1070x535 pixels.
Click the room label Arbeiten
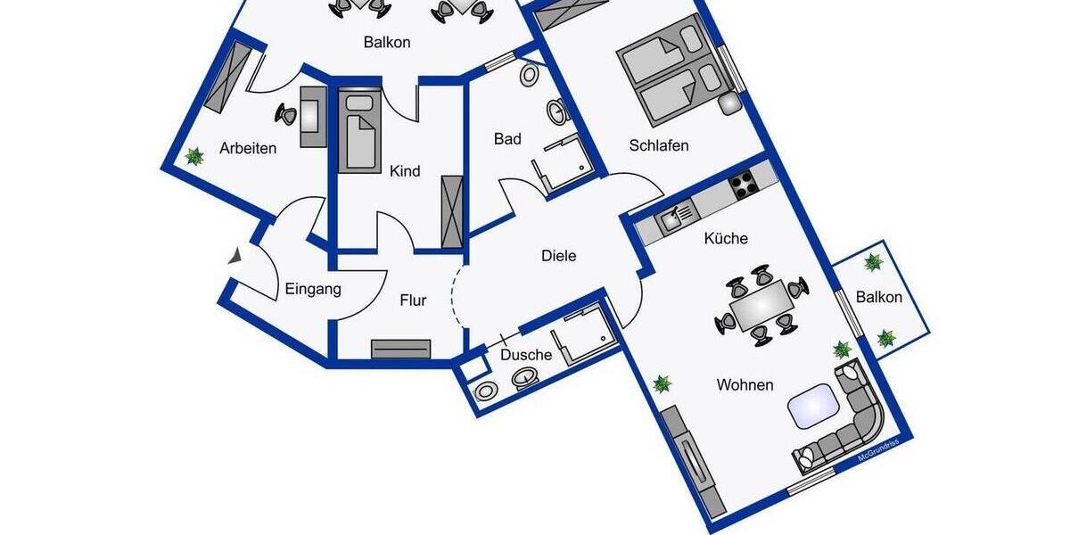point(248,149)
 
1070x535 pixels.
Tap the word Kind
point(405,171)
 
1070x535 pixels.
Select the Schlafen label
point(659,145)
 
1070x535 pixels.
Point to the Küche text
point(726,239)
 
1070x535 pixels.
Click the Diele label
point(559,256)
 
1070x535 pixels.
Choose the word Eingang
point(313,289)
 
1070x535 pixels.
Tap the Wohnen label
point(745,385)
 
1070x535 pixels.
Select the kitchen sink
point(677,217)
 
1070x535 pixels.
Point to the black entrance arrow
point(235,257)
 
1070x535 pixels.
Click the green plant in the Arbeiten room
point(193,158)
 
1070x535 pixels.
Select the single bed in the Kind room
point(360,130)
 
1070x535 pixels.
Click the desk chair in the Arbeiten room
point(288,113)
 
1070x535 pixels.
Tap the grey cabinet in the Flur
point(401,349)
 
